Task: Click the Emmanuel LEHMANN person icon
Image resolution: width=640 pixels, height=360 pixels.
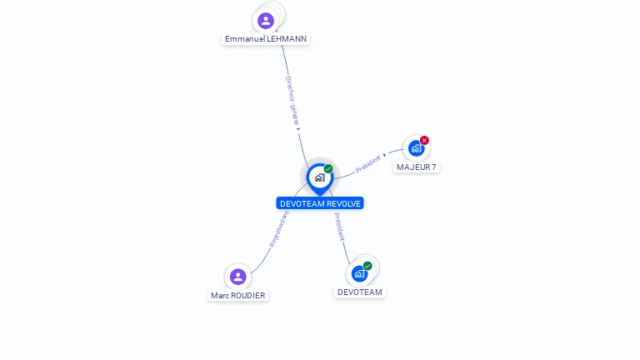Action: click(266, 20)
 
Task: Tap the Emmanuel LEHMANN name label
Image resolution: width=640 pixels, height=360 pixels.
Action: click(266, 39)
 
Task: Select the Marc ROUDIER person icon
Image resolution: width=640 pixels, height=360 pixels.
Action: click(237, 277)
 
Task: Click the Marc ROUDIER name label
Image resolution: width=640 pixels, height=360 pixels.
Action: click(238, 296)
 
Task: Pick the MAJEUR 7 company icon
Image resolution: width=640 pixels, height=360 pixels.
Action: click(416, 148)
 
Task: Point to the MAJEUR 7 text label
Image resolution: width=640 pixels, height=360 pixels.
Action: click(417, 167)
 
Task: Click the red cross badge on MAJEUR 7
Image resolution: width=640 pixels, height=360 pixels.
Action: click(424, 140)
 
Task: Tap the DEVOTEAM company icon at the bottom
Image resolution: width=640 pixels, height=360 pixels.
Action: click(359, 273)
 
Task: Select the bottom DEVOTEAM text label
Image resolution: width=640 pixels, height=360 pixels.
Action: click(360, 292)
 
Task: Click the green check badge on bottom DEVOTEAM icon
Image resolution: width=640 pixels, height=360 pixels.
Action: click(367, 266)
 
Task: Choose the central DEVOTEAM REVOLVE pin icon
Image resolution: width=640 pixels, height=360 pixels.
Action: click(319, 177)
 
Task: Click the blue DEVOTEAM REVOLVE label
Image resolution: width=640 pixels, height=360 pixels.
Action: click(320, 203)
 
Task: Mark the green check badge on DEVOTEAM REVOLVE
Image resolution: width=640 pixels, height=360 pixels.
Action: click(328, 169)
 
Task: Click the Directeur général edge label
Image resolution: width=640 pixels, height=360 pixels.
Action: click(292, 101)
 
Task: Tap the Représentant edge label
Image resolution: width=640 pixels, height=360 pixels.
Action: click(279, 228)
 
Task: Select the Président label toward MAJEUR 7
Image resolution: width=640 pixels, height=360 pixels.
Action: click(368, 163)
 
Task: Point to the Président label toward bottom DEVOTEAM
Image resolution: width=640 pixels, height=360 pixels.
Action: click(339, 227)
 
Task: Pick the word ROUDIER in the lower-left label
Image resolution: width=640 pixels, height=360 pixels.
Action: click(250, 296)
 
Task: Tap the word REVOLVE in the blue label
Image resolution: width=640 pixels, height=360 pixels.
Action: click(343, 203)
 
